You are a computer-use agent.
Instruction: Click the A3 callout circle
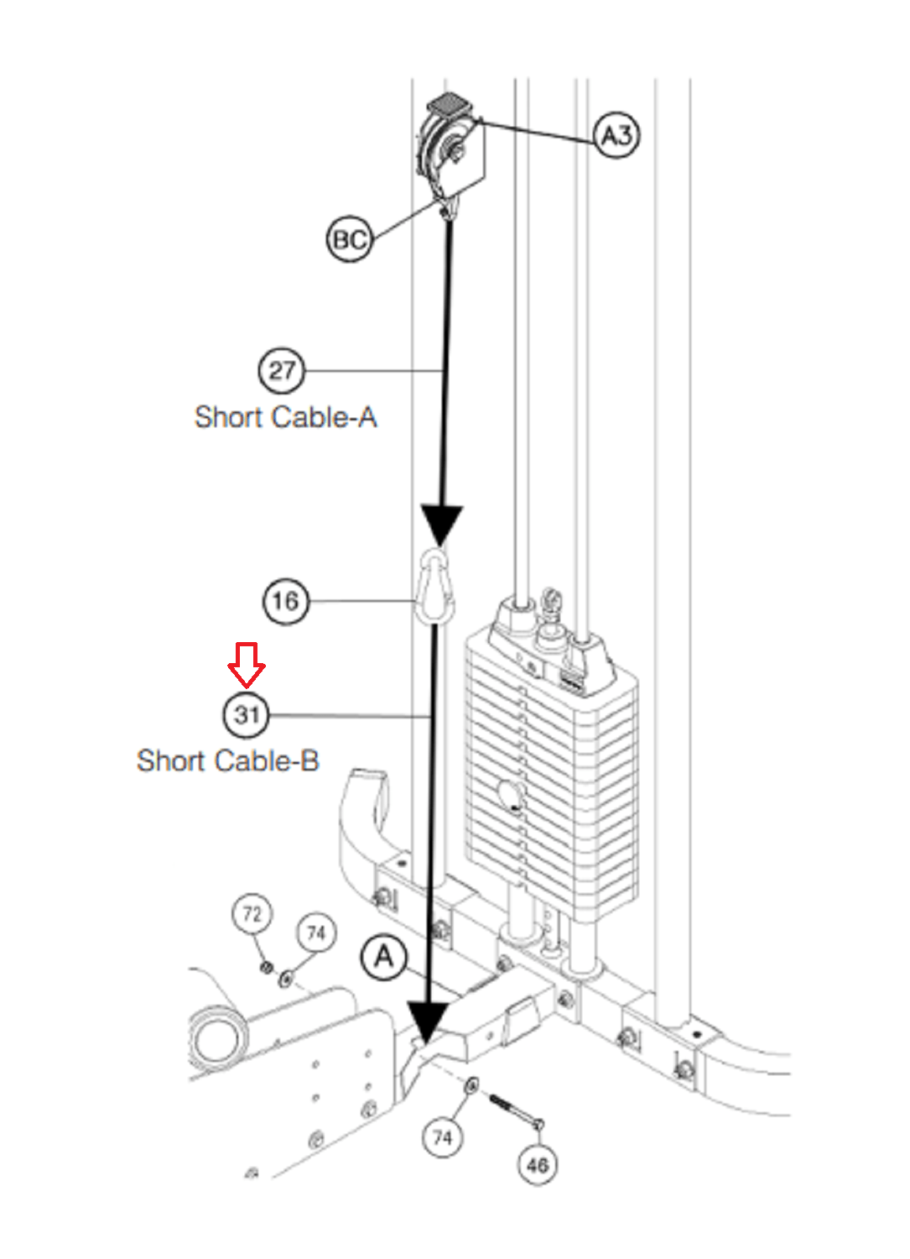point(616,134)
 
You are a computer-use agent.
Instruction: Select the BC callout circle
point(349,239)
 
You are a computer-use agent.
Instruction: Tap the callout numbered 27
point(281,370)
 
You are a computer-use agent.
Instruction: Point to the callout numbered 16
point(285,601)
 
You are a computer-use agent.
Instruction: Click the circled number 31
point(247,715)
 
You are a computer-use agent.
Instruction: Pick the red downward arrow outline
point(247,664)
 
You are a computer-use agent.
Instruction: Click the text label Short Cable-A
point(285,417)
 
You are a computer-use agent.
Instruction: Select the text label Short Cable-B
point(228,761)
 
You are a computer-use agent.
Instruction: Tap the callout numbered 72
point(252,913)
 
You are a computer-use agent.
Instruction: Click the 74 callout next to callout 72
point(316,932)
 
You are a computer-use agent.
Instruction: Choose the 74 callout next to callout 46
point(442,1137)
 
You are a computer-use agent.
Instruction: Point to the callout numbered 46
point(538,1164)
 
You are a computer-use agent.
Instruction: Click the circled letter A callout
point(383,957)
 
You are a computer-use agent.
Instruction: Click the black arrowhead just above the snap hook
point(441,525)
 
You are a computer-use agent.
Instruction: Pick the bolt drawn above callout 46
point(514,1110)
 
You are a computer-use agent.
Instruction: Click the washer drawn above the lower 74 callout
point(471,1085)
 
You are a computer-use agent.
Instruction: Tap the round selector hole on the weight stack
point(509,793)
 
